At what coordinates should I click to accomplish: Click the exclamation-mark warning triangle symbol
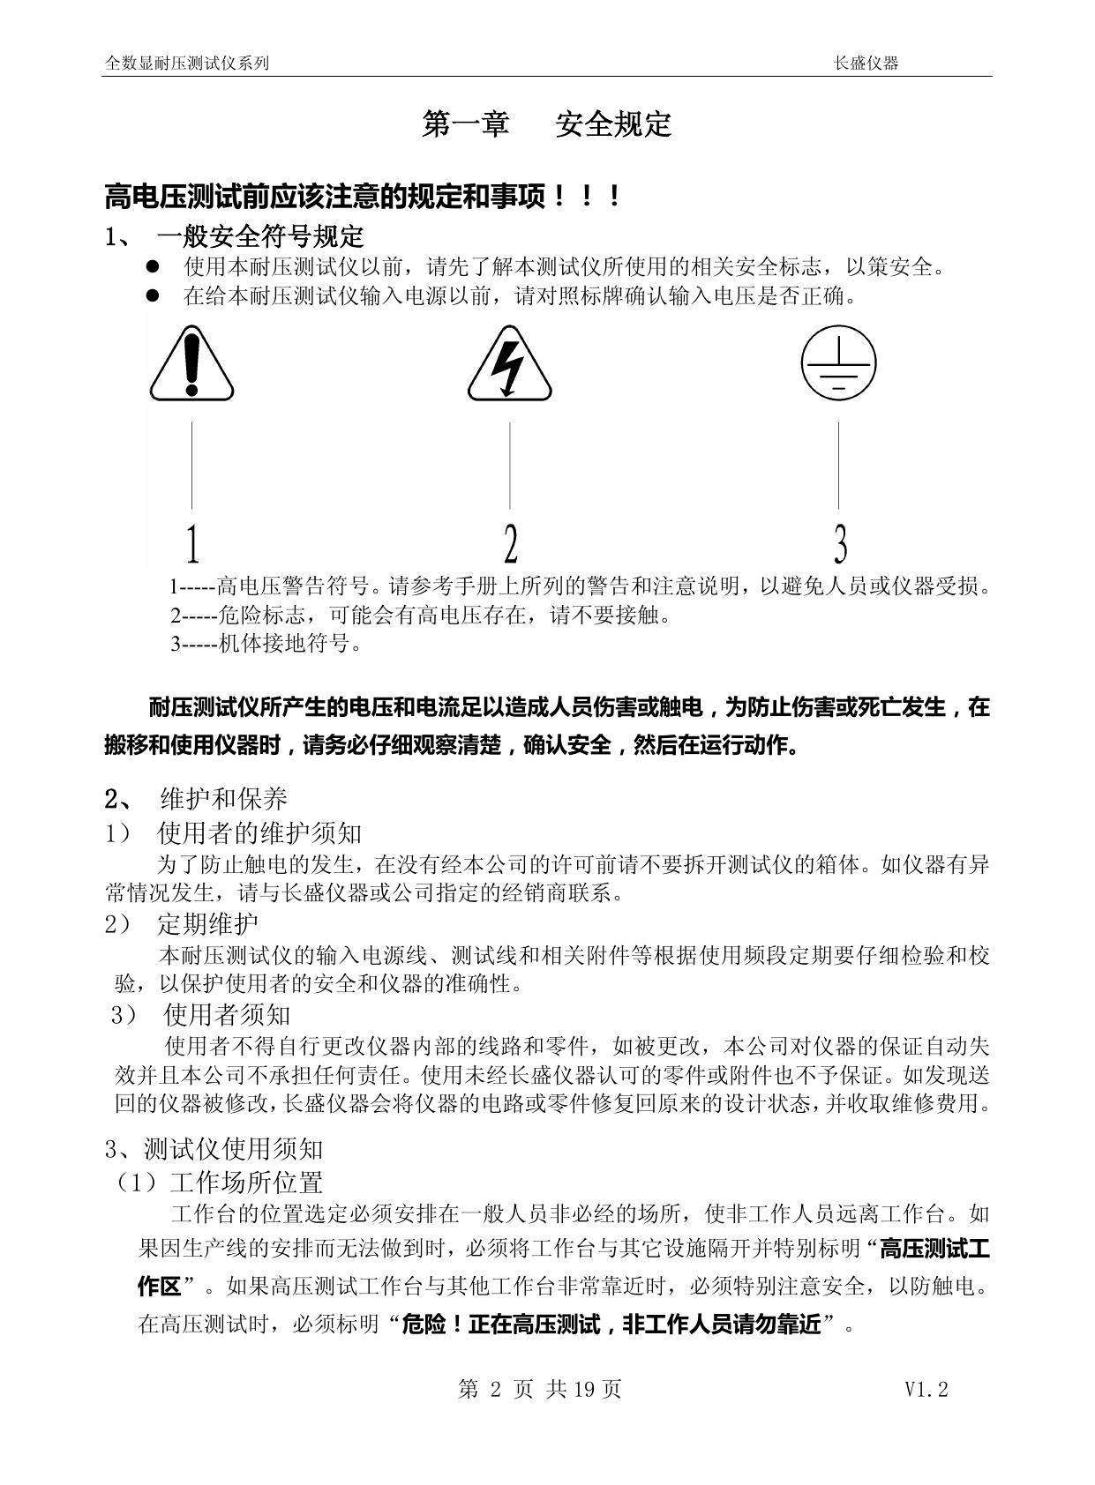(x=191, y=365)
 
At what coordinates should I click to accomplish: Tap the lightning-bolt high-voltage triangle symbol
(x=509, y=365)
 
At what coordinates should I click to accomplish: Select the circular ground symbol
(x=838, y=363)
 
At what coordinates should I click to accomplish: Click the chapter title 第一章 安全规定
(x=547, y=124)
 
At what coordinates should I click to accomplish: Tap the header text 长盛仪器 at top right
(x=866, y=63)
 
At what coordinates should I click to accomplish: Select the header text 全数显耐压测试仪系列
(x=187, y=63)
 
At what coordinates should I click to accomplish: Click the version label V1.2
(x=926, y=1390)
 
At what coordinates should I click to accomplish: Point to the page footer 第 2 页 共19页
(x=540, y=1390)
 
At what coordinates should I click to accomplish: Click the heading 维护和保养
(x=224, y=799)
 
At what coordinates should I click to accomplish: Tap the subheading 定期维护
(x=207, y=923)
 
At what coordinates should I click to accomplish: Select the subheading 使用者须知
(x=227, y=1015)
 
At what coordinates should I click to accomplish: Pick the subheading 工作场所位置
(x=246, y=1182)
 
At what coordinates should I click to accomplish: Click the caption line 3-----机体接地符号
(x=266, y=643)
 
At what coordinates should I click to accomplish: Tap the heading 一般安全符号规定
(x=260, y=236)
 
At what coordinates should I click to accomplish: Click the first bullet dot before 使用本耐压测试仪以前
(x=153, y=266)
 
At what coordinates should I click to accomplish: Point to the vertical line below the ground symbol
(x=838, y=466)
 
